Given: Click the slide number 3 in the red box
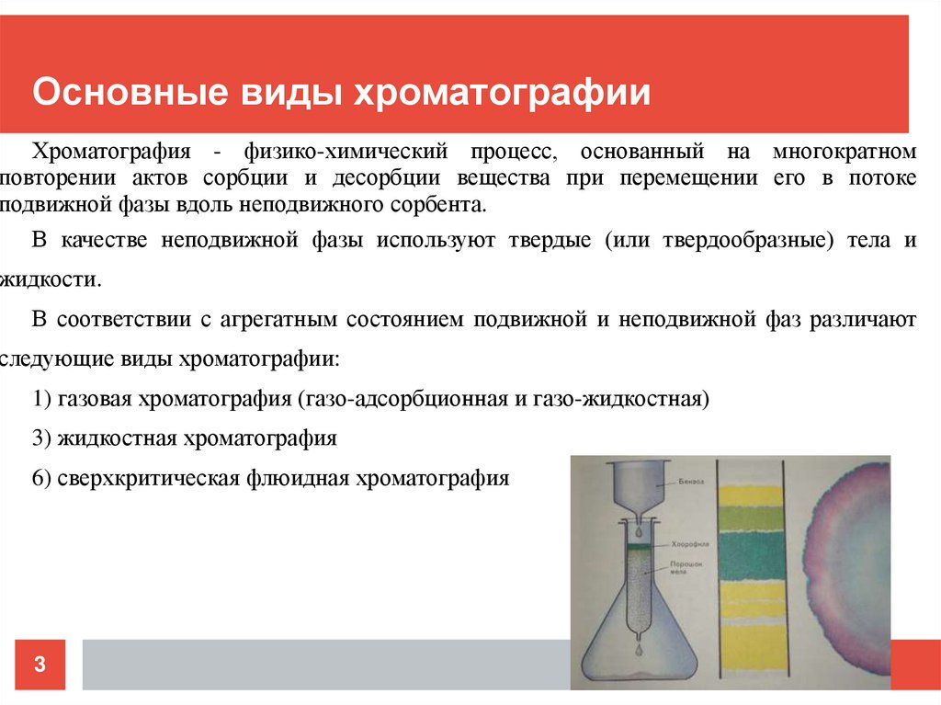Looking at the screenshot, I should click(x=40, y=664).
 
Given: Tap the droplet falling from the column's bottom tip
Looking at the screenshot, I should click(x=639, y=650).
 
